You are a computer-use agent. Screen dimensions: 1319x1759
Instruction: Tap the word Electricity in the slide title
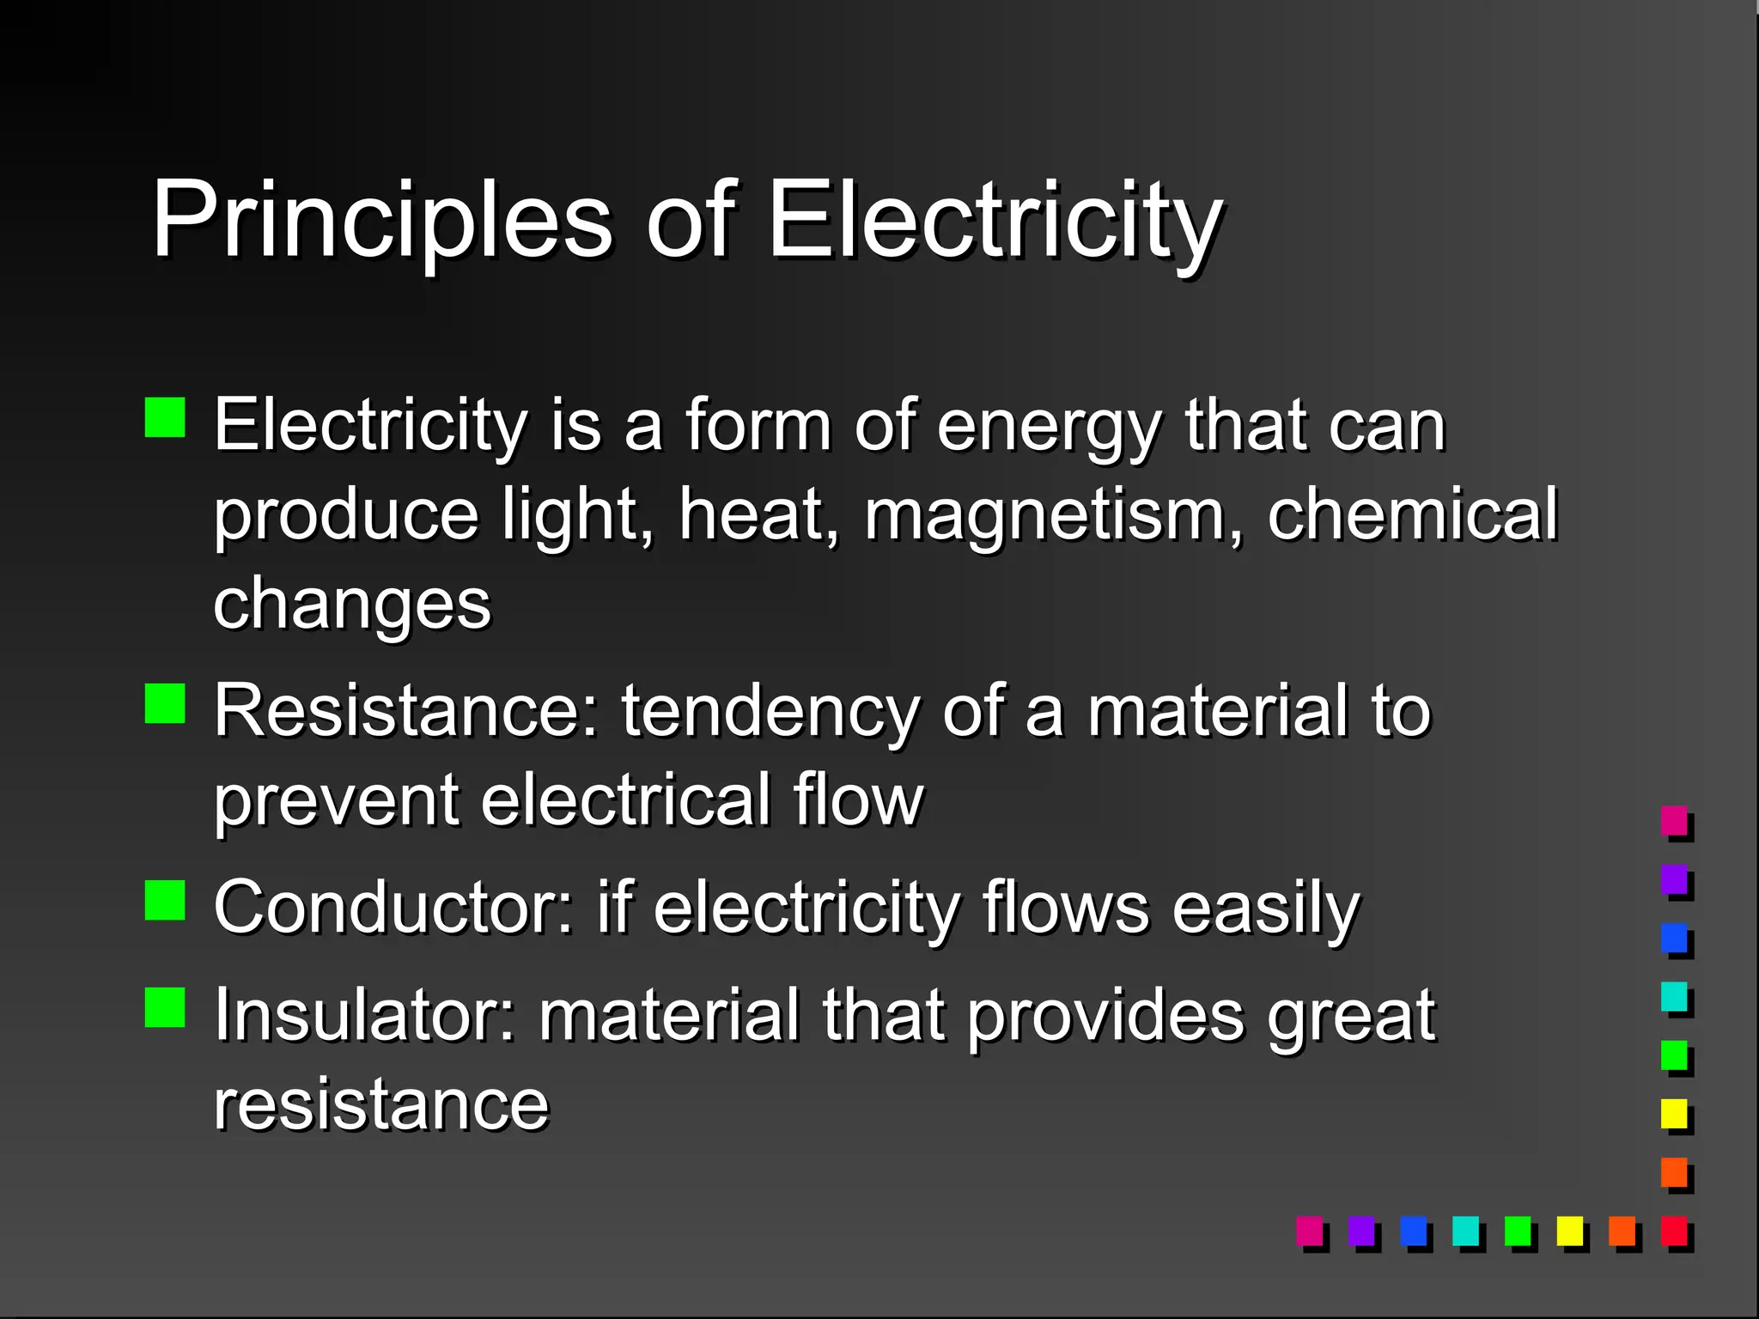pyautogui.click(x=994, y=220)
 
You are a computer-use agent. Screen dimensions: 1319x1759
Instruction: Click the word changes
pyautogui.click(x=352, y=605)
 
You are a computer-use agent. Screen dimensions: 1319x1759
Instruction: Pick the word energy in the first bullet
pyautogui.click(x=1049, y=427)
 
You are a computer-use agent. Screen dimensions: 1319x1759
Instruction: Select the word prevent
pyautogui.click(x=336, y=802)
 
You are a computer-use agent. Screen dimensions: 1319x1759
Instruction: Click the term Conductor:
pyautogui.click(x=393, y=909)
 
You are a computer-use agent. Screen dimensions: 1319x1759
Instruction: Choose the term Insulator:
pyautogui.click(x=365, y=1016)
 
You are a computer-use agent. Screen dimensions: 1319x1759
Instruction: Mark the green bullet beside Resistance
pyautogui.click(x=165, y=703)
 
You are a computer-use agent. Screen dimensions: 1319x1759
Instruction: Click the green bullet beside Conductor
pyautogui.click(x=165, y=900)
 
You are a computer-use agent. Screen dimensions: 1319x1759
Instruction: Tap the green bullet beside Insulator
pyautogui.click(x=165, y=1007)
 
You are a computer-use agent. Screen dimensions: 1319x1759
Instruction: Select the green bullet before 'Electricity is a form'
pyautogui.click(x=165, y=417)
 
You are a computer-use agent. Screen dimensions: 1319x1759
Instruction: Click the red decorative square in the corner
pyautogui.click(x=1674, y=1231)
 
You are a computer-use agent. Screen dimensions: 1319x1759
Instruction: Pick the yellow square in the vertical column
pyautogui.click(x=1674, y=1114)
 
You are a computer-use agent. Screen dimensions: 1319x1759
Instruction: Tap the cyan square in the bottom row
pyautogui.click(x=1465, y=1231)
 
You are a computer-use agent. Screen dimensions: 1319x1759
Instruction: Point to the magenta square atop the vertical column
pyautogui.click(x=1674, y=820)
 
